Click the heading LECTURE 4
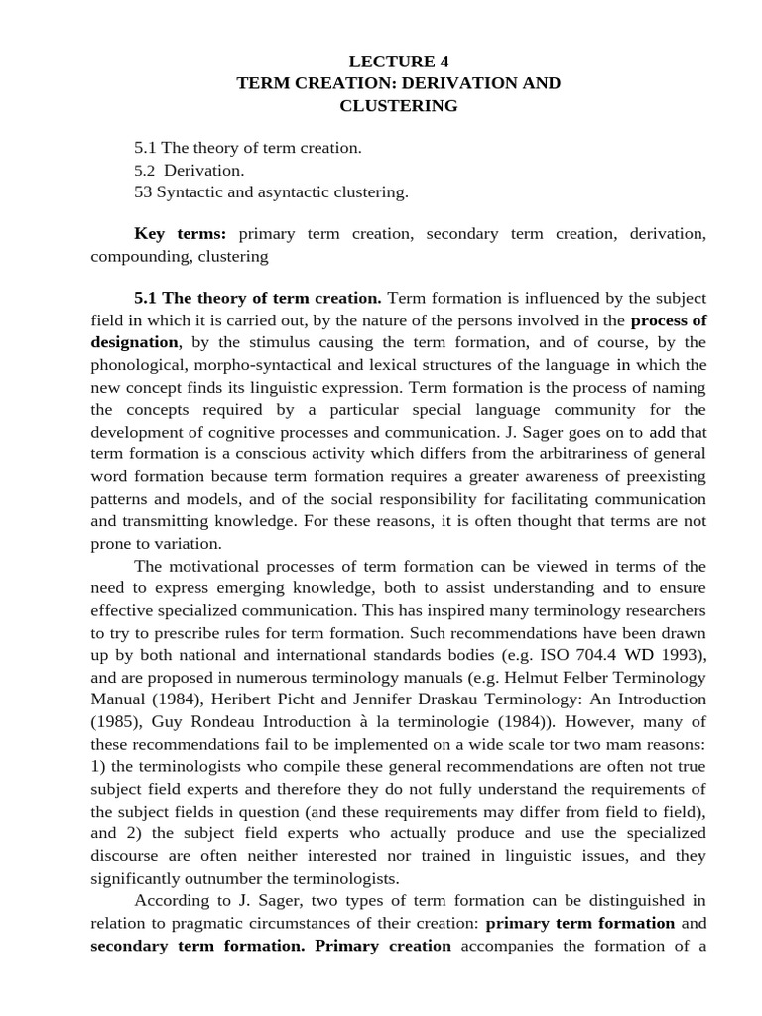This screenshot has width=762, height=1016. point(398,61)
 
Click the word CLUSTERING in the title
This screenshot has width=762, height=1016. point(398,105)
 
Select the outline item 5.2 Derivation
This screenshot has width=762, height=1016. point(189,170)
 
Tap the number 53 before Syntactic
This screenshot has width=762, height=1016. point(143,192)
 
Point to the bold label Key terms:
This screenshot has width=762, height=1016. point(181,234)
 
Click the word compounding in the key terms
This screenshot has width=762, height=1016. point(137,256)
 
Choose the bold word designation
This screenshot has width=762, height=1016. point(135,342)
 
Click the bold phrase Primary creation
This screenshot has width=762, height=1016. point(383,946)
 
